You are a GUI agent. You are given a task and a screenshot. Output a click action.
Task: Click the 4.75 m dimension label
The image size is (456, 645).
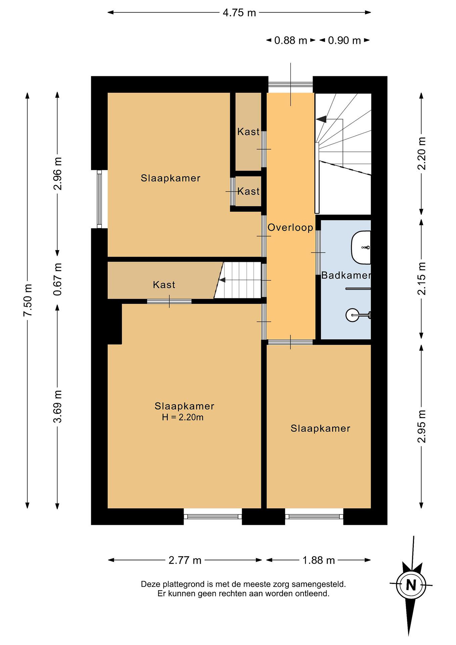coord(239,13)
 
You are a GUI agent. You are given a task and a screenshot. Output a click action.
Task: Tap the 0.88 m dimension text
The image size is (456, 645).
coord(291,41)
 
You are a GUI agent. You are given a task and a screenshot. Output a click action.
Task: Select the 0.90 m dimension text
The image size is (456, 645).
coord(344,41)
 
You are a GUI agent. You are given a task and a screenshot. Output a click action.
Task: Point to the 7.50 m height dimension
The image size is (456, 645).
coord(28,300)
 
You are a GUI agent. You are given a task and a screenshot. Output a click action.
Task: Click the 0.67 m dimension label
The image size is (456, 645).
coord(58,279)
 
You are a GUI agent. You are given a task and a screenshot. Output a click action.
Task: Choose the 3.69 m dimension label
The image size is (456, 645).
coord(58,406)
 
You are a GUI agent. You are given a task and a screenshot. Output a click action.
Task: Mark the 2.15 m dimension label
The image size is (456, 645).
coord(422,279)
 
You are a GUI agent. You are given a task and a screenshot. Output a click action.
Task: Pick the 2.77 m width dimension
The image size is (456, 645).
coord(185,560)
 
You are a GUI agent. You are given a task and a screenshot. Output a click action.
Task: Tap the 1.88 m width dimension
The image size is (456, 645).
coord(319,560)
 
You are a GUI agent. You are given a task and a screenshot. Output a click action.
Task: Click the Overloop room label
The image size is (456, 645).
coord(290,228)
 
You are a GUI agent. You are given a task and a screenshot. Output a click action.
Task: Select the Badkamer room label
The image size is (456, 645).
coord(346,275)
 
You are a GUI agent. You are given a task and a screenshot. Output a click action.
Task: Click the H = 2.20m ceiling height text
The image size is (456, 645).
coord(182,417)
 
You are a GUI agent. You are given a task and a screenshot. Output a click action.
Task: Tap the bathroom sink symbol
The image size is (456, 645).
coord(361,247)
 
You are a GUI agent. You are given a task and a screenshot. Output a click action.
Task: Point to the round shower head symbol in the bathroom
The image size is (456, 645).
coord(352,315)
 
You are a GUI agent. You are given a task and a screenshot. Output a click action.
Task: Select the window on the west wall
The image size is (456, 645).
coord(99,199)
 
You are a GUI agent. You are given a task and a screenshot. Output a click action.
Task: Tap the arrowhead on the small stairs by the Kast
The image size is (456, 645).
coord(222,280)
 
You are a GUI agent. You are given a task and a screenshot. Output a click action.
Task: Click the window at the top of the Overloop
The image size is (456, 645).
coord(291,84)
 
